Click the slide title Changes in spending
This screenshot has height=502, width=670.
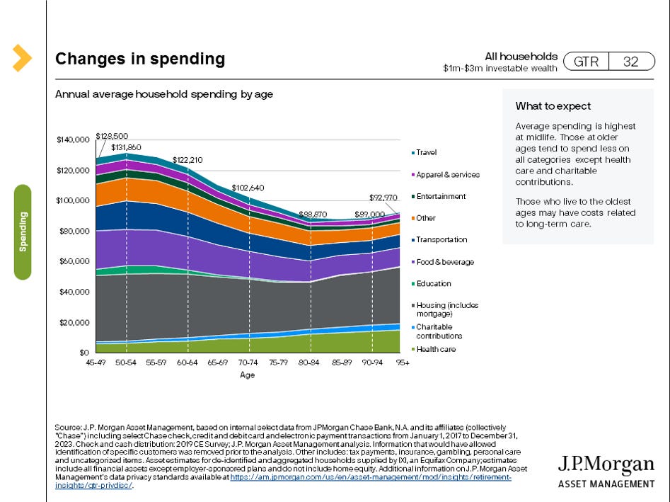(140, 59)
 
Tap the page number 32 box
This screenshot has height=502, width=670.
(630, 62)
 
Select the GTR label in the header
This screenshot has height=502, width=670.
(586, 62)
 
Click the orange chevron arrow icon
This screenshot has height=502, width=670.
(21, 58)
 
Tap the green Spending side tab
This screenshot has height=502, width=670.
(23, 232)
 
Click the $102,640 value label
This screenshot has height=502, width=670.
(248, 188)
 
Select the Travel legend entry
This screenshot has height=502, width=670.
(426, 152)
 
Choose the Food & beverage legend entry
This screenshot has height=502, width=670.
(444, 262)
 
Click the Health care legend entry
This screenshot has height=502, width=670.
(435, 349)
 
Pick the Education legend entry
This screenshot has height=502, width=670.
(433, 284)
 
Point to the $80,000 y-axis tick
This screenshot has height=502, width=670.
(74, 231)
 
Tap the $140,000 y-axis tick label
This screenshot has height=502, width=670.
(73, 139)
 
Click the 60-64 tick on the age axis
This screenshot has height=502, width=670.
(188, 361)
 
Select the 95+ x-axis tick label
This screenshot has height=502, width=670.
(403, 361)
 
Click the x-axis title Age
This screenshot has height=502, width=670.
(247, 375)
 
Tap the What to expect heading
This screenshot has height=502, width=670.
(553, 106)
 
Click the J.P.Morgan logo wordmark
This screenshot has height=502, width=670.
(606, 464)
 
